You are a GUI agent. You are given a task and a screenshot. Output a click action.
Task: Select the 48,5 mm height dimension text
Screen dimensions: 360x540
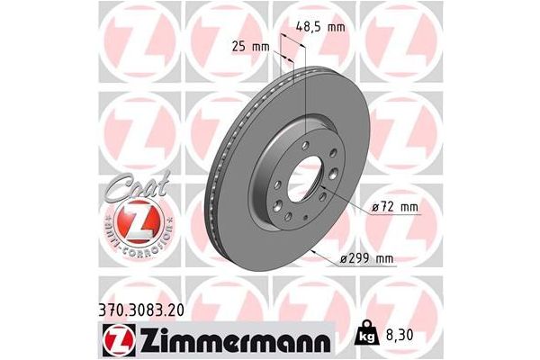tap(321, 27)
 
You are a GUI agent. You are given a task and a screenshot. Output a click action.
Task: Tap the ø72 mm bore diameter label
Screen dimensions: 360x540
tap(393, 209)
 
